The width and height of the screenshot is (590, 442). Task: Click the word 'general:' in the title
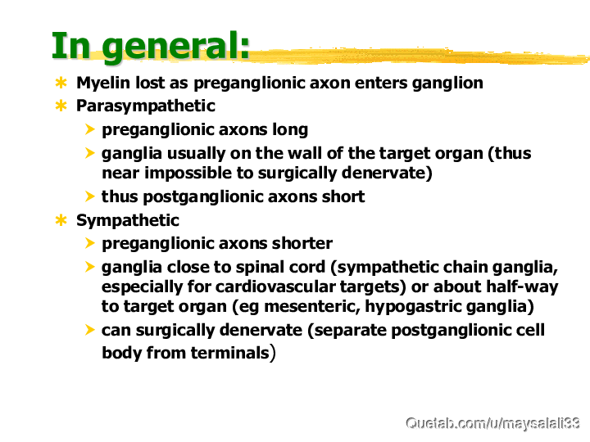tap(175, 47)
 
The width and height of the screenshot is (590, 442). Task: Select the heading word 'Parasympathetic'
tap(146, 106)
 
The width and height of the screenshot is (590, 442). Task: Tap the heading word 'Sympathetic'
tap(128, 221)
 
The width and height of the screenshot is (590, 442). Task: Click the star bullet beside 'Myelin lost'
tap(61, 83)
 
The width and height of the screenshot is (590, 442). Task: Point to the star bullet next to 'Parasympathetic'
tap(61, 106)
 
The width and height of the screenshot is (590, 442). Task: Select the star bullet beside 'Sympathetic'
tap(61, 220)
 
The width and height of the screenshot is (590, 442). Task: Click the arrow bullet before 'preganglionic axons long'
tap(89, 129)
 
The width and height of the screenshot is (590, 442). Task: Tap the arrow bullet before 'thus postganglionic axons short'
tap(89, 196)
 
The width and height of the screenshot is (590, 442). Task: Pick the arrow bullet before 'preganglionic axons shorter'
tap(89, 243)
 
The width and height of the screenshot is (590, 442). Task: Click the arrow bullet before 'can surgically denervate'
tap(89, 330)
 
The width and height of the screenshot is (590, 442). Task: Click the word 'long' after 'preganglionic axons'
tap(290, 130)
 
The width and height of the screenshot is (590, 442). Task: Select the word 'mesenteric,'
tap(312, 307)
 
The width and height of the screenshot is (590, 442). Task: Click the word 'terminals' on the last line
tap(229, 354)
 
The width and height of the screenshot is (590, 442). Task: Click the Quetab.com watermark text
tap(492, 424)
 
